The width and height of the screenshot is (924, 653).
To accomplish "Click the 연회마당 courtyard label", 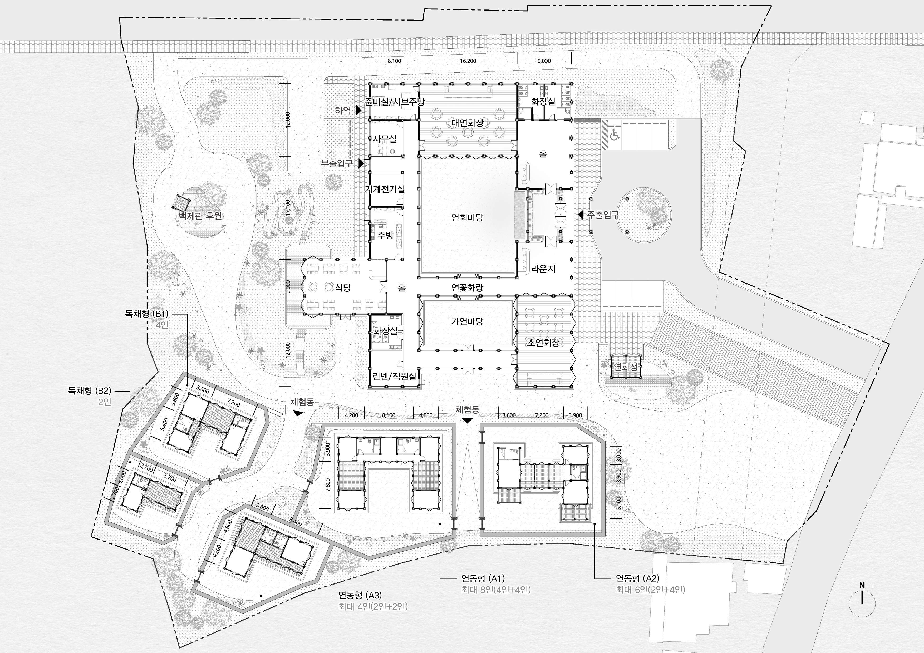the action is [x=467, y=217].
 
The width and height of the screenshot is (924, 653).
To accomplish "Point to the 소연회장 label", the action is [x=543, y=343].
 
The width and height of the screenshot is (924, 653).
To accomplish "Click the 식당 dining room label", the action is [x=343, y=287].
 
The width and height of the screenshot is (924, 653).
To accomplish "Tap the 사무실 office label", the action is [x=385, y=139].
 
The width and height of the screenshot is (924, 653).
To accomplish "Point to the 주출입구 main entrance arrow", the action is [x=580, y=215].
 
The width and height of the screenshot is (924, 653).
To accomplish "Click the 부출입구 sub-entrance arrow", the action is [x=361, y=163].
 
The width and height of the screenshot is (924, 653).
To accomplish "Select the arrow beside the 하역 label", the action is [x=358, y=110].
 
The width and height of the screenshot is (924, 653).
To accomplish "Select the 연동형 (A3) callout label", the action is [x=360, y=595].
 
